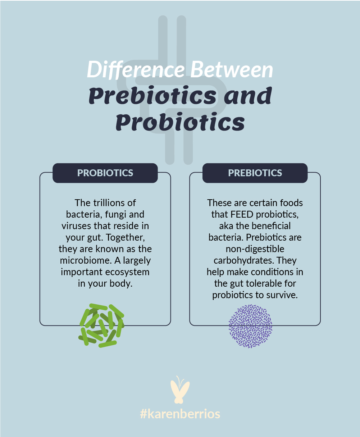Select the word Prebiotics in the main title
coord(152,96)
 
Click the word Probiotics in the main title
coord(180,122)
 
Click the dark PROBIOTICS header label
coord(105,173)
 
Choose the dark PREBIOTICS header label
coord(255,173)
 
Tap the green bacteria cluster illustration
coord(101,325)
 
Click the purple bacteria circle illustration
coord(250,326)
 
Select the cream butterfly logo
coord(180,390)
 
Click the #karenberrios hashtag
coord(180,414)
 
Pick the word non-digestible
coord(255,249)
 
